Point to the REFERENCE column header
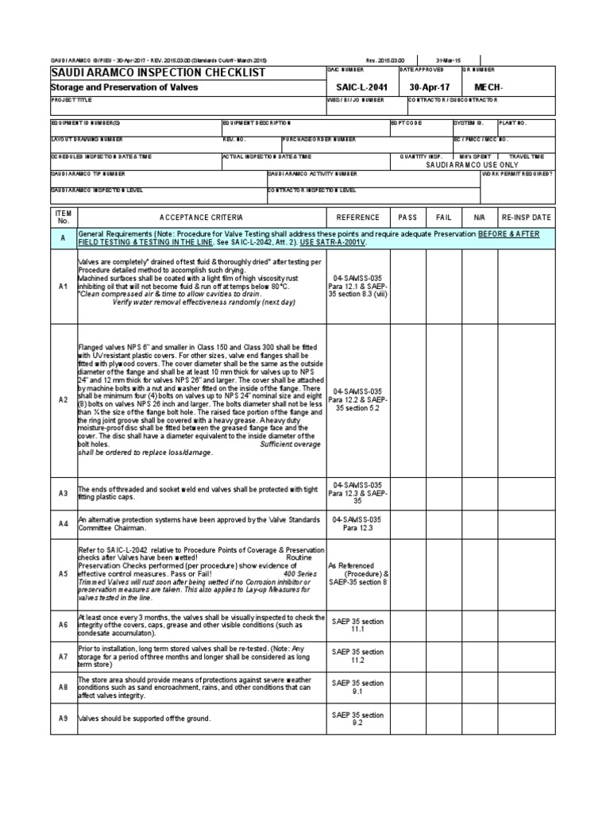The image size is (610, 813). [358, 218]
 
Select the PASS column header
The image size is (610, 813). [407, 218]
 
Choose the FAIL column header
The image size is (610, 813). [443, 218]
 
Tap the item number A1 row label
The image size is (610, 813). [64, 286]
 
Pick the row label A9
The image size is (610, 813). [64, 719]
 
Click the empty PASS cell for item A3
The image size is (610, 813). [407, 493]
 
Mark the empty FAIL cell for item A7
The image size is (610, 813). [443, 656]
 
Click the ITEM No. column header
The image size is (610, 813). [64, 218]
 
